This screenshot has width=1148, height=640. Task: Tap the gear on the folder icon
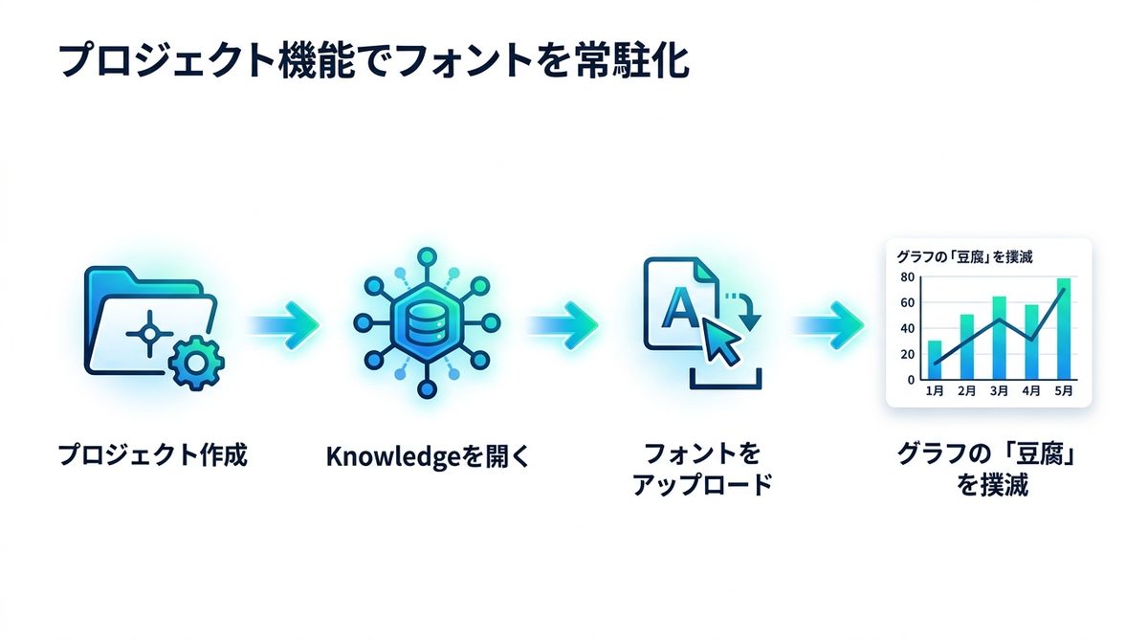[196, 363]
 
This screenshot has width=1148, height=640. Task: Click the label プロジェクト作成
[153, 455]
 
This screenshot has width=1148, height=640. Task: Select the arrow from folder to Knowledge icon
[283, 325]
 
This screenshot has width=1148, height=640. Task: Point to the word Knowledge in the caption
[393, 456]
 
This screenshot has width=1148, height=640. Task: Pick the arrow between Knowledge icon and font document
[563, 325]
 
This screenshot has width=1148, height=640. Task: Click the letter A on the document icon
[680, 307]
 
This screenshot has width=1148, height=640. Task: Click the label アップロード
[702, 485]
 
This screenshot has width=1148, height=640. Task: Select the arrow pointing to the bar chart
[828, 325]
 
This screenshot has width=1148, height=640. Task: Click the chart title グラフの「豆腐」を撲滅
[964, 256]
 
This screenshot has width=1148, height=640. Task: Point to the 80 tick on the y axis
[907, 277]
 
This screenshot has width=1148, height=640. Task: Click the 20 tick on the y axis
[907, 354]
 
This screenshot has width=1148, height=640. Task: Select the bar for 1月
[935, 360]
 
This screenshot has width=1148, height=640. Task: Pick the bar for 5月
[1064, 329]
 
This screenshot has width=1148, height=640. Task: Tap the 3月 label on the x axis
[999, 391]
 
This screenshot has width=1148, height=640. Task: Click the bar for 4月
[1031, 342]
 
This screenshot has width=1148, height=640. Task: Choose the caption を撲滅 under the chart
[992, 485]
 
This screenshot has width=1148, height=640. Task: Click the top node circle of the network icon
[427, 257]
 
